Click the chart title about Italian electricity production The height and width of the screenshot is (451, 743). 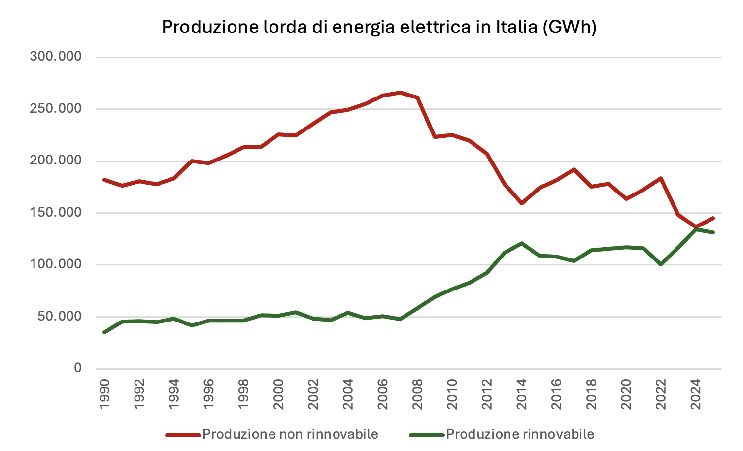(x=379, y=27)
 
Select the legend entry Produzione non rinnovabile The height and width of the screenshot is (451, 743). (x=290, y=434)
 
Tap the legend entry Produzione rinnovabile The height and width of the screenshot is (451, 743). (x=520, y=434)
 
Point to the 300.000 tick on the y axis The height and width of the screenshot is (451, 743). (x=56, y=56)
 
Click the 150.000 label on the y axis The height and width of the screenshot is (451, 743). (x=56, y=213)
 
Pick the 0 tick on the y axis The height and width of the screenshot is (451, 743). (x=77, y=368)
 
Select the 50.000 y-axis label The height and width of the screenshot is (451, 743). (x=59, y=316)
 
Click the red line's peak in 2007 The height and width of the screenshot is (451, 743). (x=400, y=92)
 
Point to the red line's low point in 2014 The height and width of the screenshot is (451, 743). (x=522, y=203)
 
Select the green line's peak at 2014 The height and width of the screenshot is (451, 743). (x=522, y=243)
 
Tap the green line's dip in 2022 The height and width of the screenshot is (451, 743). (x=661, y=264)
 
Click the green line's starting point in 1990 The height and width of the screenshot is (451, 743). (x=104, y=332)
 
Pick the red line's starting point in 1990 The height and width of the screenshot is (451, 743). (x=104, y=180)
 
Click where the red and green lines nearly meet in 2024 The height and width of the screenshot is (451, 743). (x=696, y=228)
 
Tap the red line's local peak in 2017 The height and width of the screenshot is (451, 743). (x=574, y=169)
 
